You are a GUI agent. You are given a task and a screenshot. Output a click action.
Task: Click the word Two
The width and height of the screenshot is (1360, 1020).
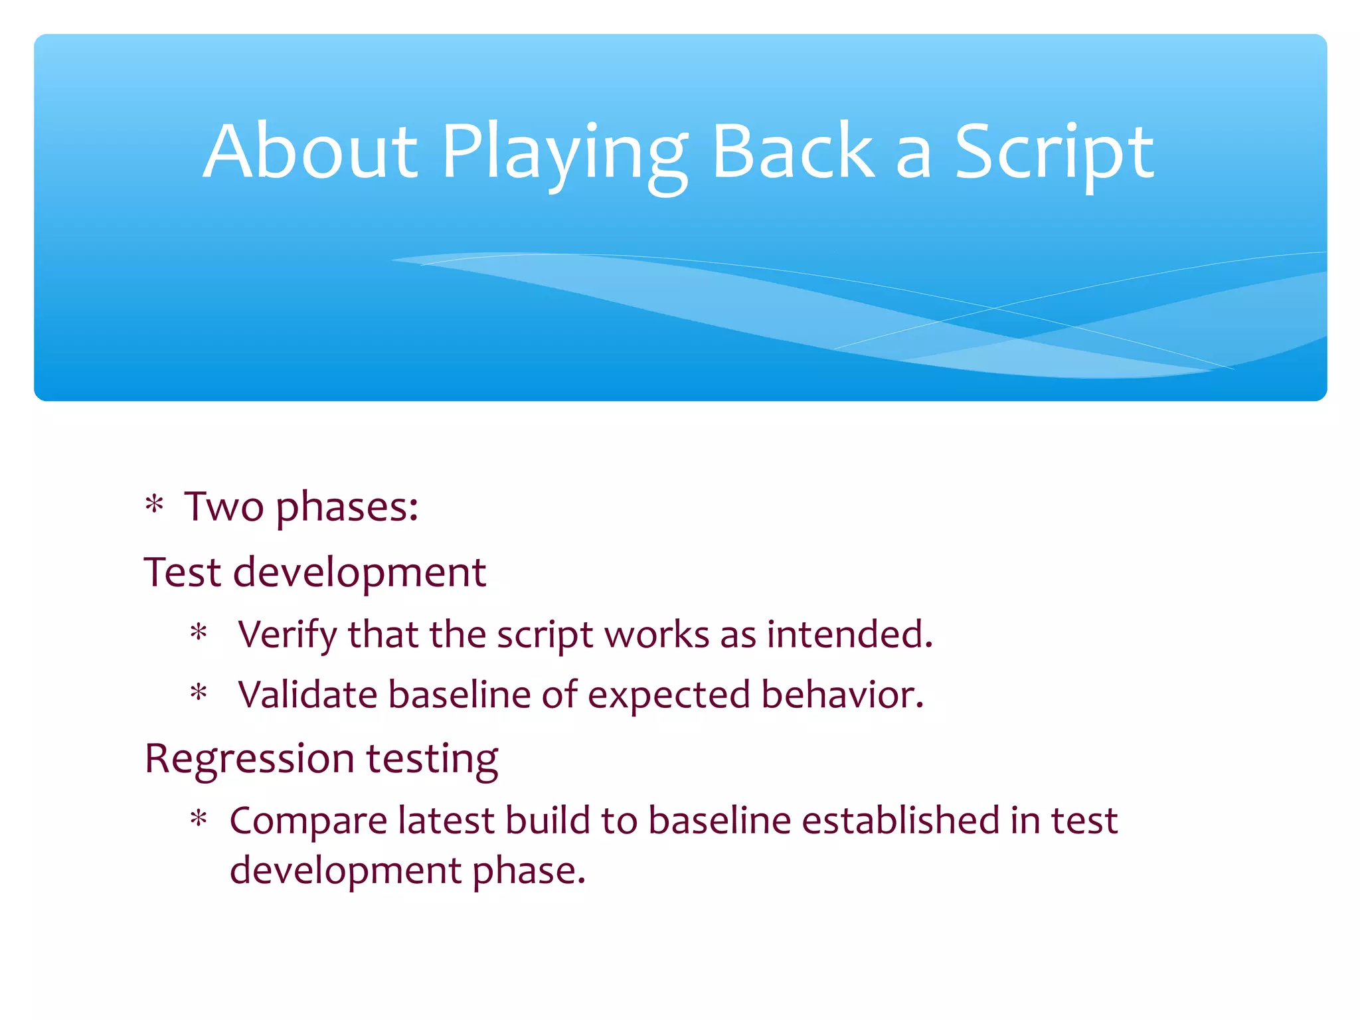[x=224, y=507]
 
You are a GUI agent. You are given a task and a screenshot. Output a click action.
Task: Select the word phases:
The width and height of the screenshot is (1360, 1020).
[x=347, y=509]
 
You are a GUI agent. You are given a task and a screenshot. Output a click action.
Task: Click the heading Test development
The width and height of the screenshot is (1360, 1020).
[x=315, y=572]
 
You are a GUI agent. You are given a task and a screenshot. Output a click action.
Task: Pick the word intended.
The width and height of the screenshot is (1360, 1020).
[x=849, y=634]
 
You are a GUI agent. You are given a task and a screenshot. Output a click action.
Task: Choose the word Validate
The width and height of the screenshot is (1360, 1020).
[x=307, y=695]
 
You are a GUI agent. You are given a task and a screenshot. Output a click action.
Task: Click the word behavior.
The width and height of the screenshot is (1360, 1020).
[x=842, y=695]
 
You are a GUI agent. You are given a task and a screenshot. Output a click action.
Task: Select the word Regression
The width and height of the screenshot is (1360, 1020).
[x=250, y=759]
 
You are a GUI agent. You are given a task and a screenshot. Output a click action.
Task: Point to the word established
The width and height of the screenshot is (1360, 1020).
[x=900, y=820]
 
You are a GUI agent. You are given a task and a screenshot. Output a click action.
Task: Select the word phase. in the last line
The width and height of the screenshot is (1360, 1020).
[x=529, y=871]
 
